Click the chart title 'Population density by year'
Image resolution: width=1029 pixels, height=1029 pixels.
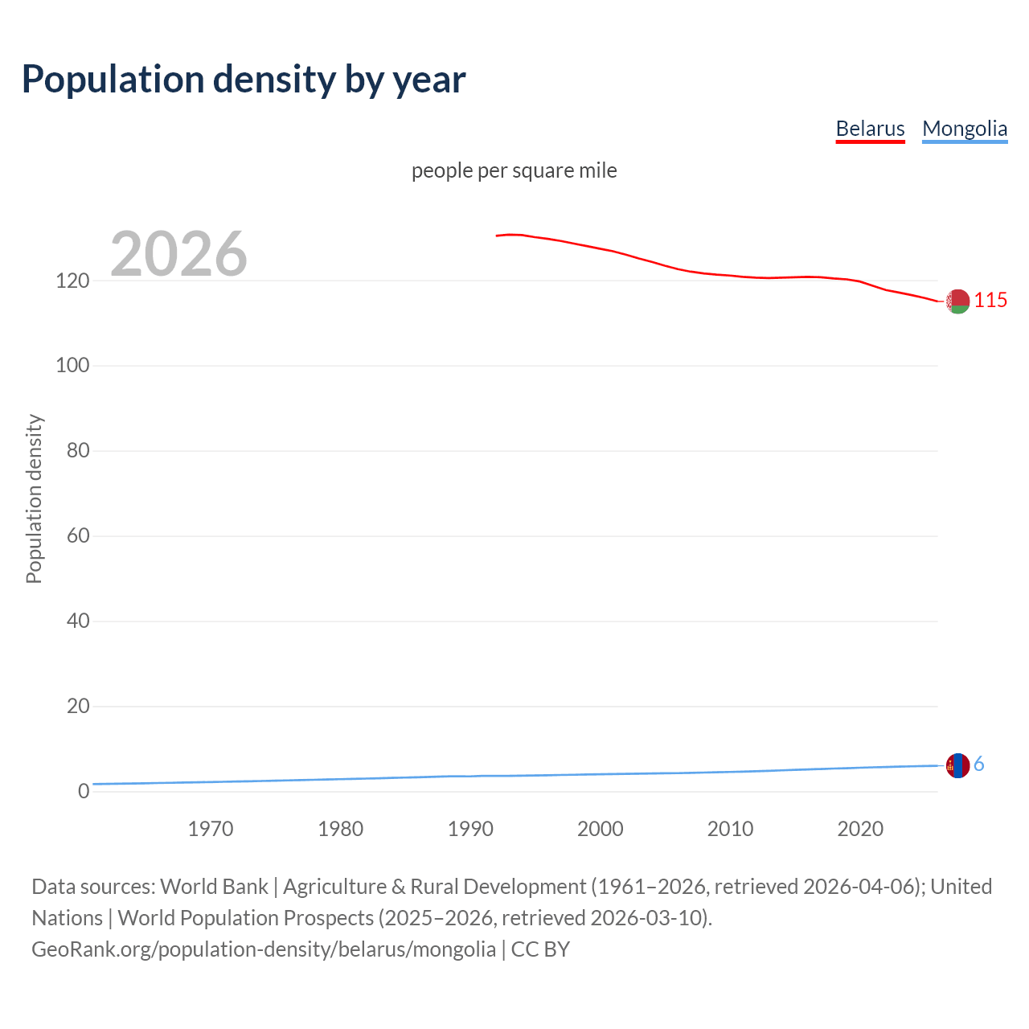click(244, 79)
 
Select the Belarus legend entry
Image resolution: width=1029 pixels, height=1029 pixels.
click(870, 129)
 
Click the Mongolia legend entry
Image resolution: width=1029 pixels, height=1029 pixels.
click(964, 129)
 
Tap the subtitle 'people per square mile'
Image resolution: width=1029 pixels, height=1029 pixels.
click(514, 170)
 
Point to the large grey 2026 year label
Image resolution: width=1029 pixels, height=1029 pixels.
click(178, 254)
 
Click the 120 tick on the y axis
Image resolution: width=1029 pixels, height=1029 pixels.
click(72, 281)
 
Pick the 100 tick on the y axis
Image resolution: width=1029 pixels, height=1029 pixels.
click(72, 365)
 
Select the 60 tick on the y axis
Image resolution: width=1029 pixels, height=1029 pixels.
click(78, 535)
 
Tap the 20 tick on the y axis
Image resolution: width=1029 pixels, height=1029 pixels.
click(78, 706)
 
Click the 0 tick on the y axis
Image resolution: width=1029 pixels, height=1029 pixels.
click(84, 791)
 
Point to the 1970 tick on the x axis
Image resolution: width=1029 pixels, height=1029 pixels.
click(211, 829)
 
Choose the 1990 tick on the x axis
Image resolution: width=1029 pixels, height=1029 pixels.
click(470, 829)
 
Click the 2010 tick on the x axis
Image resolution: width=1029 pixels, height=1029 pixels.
click(730, 829)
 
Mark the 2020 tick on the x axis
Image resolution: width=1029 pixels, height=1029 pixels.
click(860, 829)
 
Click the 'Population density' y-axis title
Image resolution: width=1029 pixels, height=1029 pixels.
click(34, 498)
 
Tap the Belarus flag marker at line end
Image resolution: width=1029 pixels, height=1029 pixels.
click(957, 301)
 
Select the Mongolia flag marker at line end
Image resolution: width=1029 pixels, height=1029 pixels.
click(957, 765)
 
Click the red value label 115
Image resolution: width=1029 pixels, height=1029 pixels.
click(990, 301)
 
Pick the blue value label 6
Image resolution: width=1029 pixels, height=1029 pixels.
click(979, 765)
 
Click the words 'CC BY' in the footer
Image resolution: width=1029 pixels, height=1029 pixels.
click(540, 949)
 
